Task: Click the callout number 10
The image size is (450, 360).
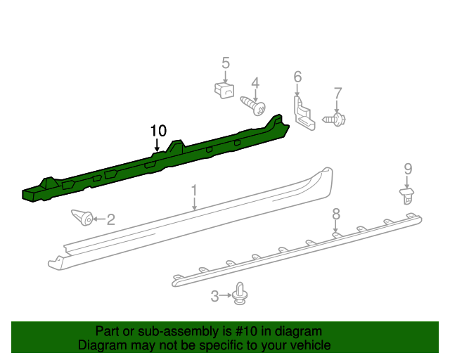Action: pos(158,130)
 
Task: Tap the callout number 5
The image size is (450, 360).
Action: pos(226,63)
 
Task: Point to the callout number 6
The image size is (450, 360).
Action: pos(297,76)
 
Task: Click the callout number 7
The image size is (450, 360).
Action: pos(337,92)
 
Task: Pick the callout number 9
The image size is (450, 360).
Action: pos(407,168)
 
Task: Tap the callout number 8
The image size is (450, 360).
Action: pos(336,212)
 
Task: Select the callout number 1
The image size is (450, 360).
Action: pos(194,190)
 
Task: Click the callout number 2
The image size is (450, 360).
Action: pos(110,219)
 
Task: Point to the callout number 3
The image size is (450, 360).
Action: pos(215,297)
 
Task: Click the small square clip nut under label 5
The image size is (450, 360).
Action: pos(224,91)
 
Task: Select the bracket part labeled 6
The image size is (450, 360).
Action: pos(303,115)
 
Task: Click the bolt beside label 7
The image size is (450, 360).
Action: pos(334,120)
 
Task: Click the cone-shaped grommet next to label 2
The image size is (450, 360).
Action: pos(83,218)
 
